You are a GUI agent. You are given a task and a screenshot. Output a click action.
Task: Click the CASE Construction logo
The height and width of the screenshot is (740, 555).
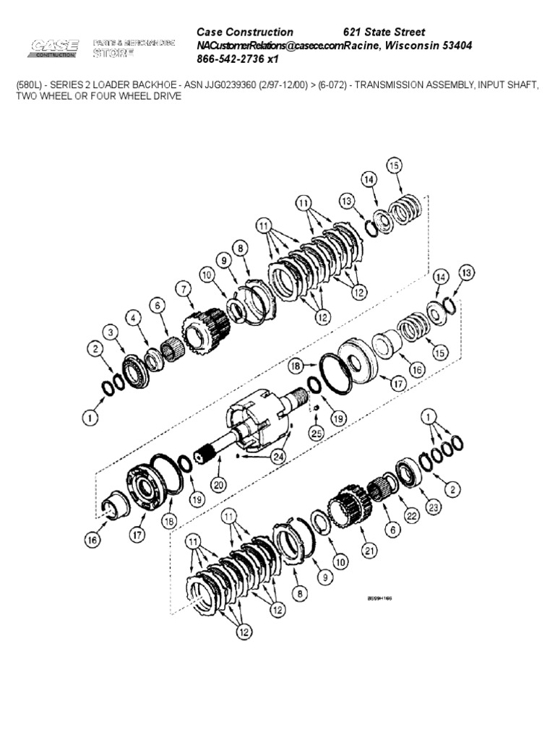54,48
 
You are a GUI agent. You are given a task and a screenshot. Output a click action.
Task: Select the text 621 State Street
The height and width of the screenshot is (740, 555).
384,32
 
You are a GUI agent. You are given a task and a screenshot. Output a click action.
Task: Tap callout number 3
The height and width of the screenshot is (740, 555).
109,331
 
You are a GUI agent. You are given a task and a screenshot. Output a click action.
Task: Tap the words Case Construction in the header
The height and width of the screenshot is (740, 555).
245,32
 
